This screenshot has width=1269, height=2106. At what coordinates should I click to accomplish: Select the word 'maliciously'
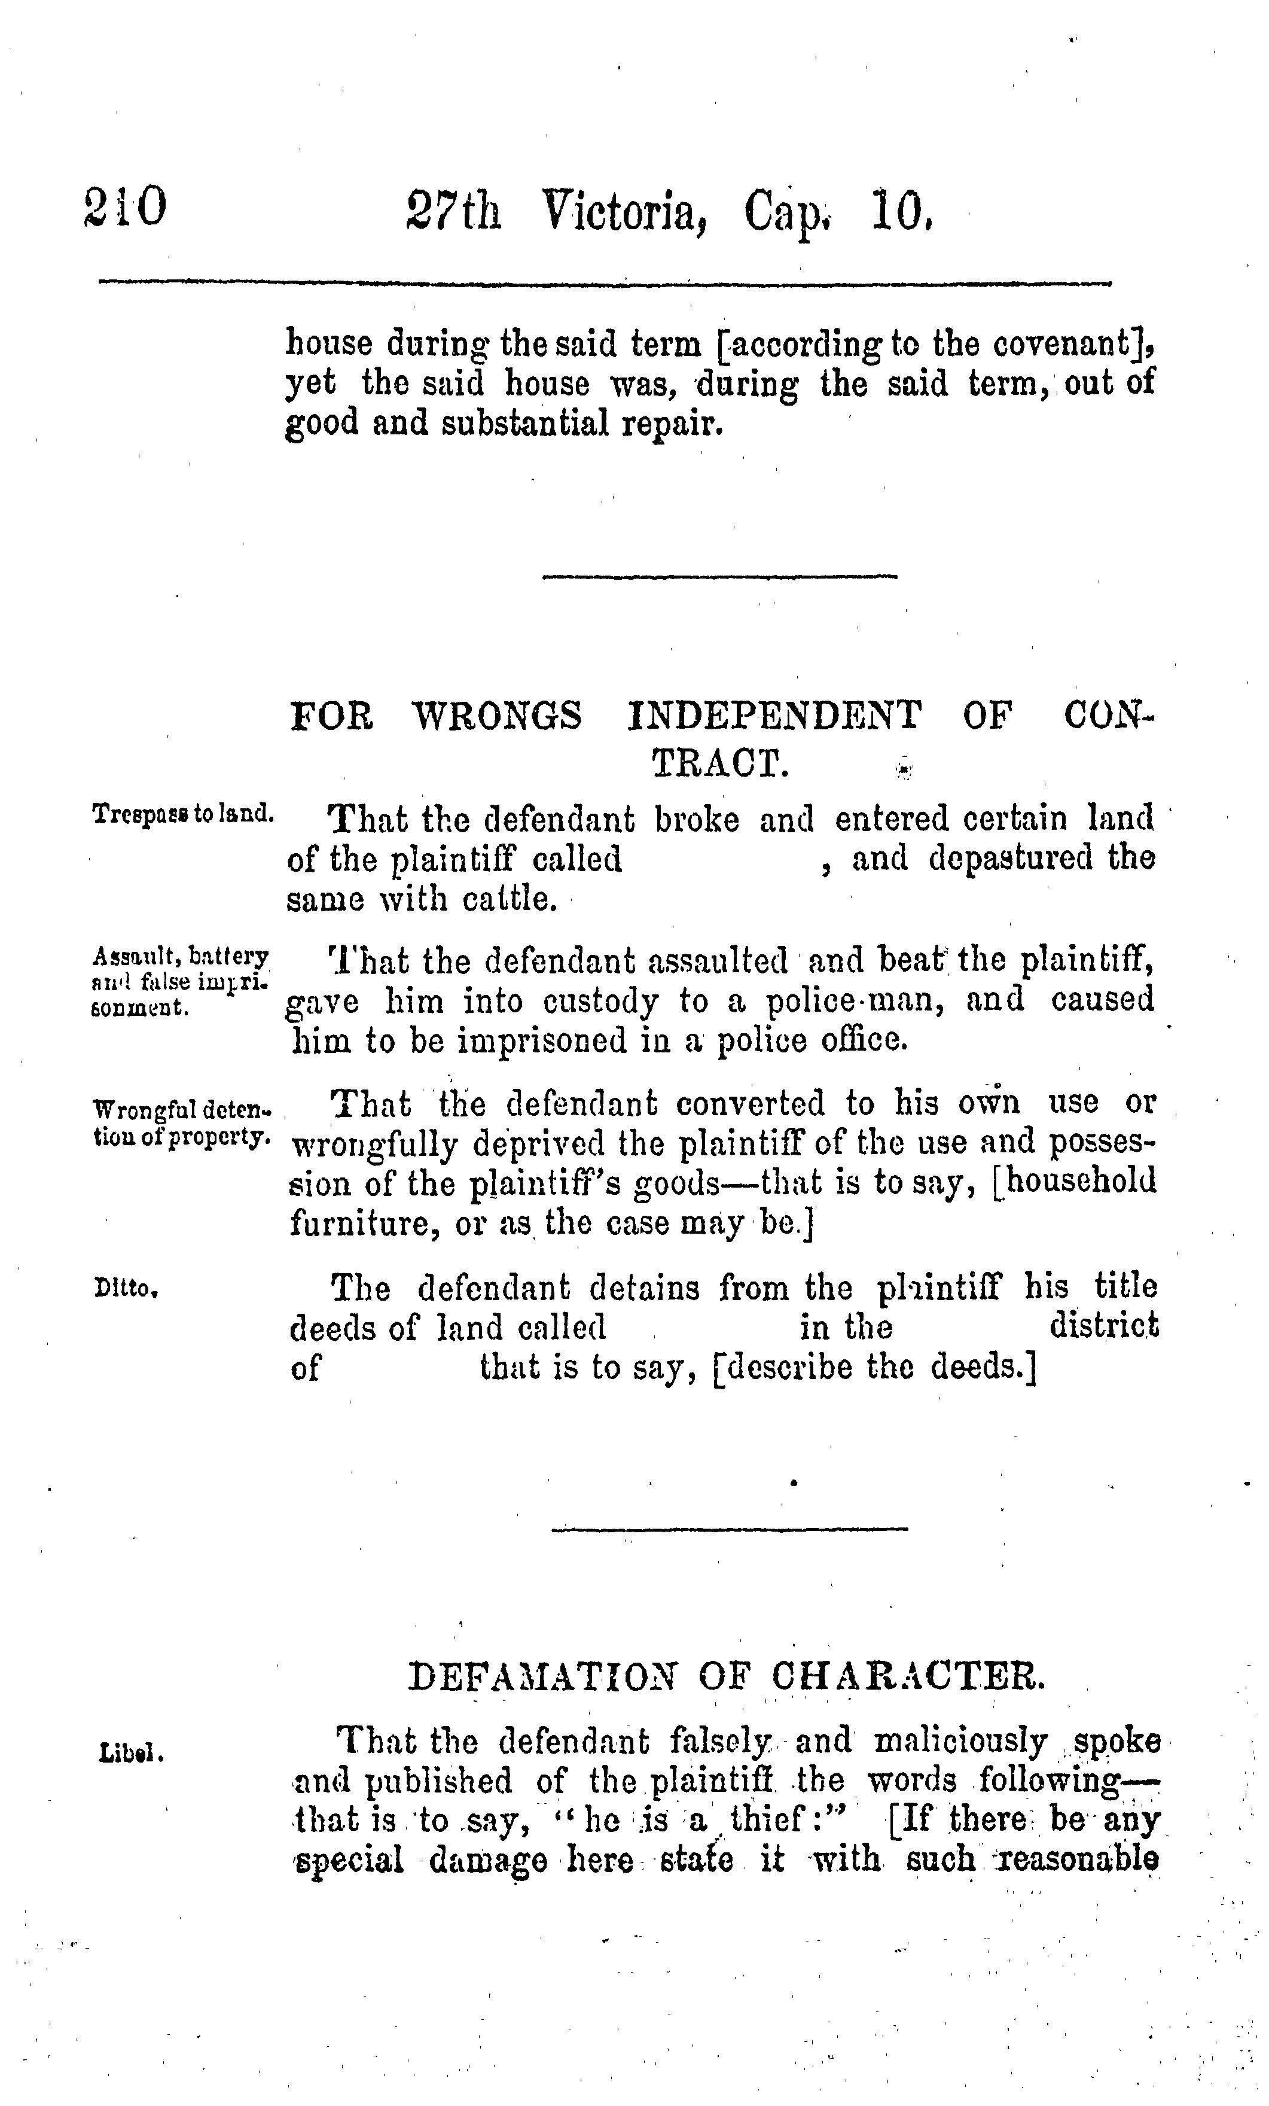click(960, 1740)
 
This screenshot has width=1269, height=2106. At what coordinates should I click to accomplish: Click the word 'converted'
click(751, 1103)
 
